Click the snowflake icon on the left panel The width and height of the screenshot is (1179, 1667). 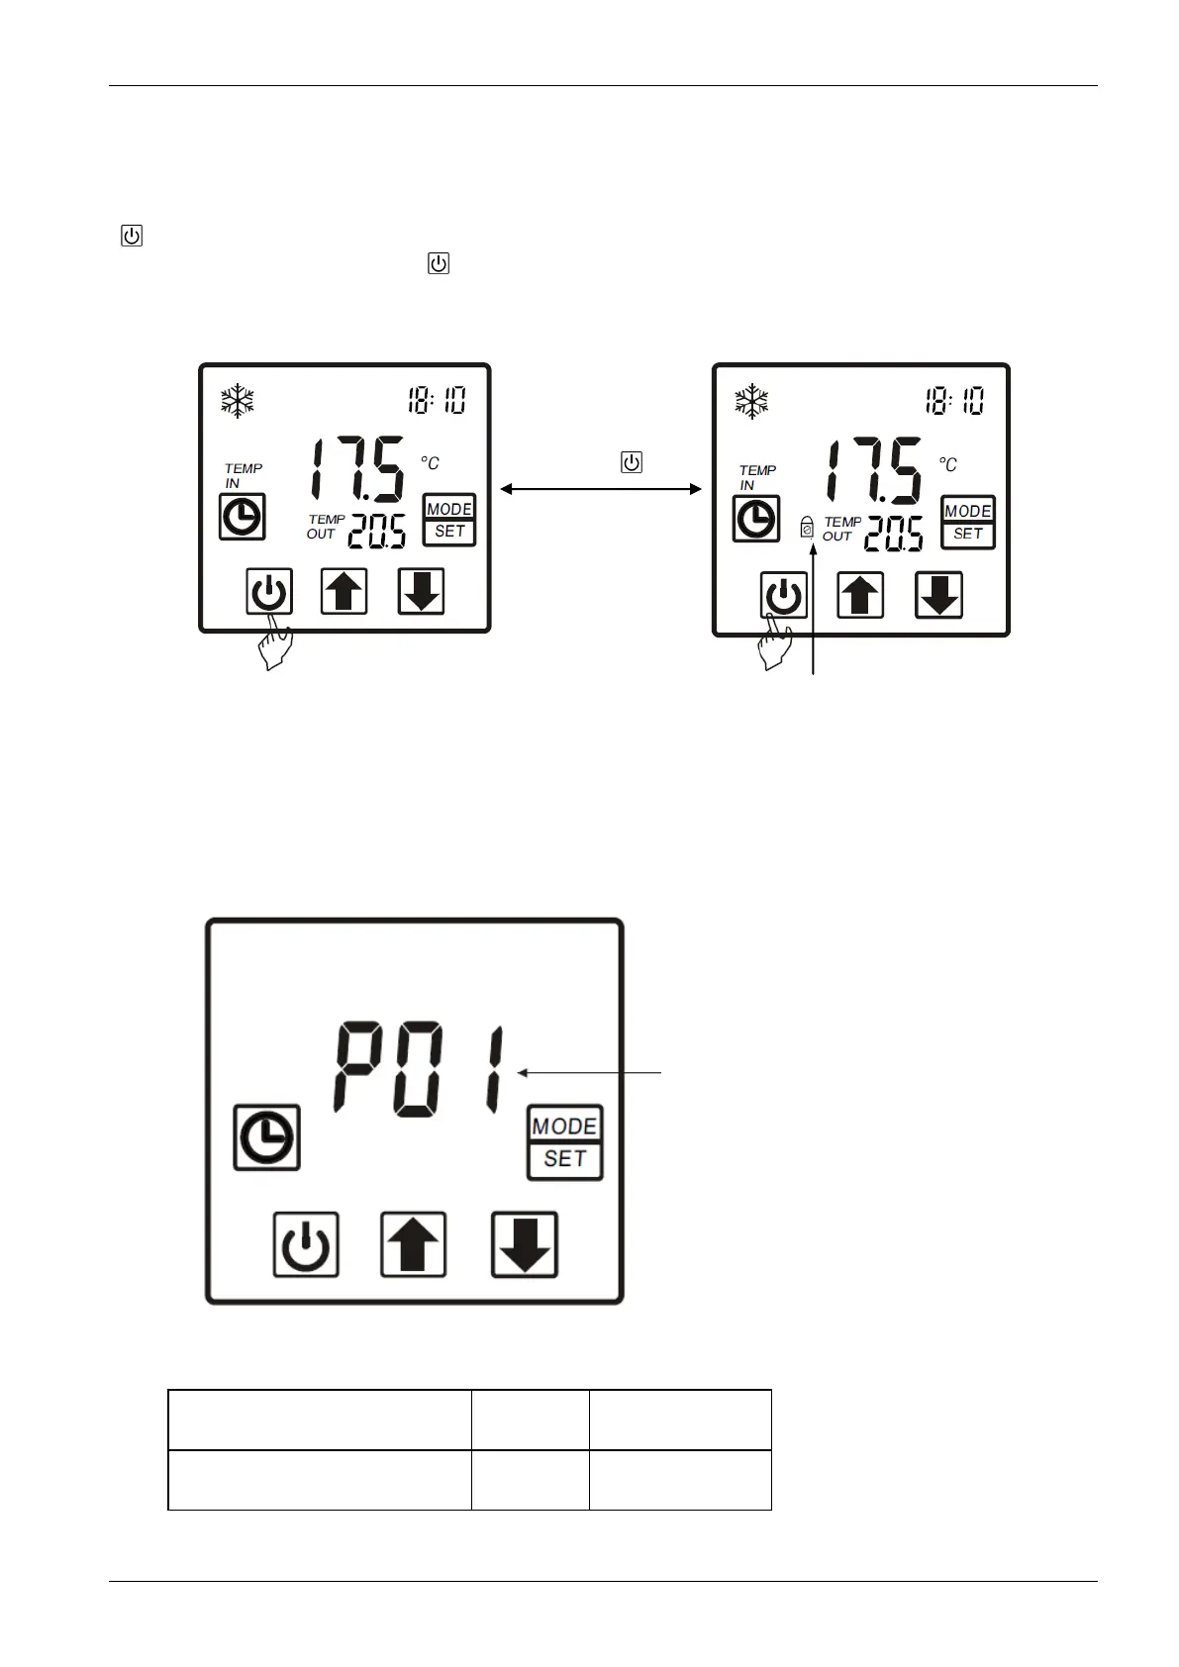pos(238,401)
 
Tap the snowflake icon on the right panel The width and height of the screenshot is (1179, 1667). pos(752,402)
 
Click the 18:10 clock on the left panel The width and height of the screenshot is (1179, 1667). pos(437,401)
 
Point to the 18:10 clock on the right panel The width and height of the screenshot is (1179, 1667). pos(954,401)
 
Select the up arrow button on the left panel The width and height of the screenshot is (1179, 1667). pos(344,591)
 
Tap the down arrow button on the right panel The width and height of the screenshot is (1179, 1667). pos(939,595)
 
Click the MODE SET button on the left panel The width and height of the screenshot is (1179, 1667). pos(449,520)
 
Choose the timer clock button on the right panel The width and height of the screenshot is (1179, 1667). pos(756,519)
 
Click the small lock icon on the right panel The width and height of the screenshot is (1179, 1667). pos(807,527)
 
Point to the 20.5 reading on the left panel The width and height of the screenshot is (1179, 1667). pos(376,533)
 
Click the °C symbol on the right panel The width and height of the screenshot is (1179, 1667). pos(947,464)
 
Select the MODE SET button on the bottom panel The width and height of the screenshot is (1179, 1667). pos(564,1142)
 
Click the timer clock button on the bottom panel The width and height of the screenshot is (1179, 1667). pos(267,1137)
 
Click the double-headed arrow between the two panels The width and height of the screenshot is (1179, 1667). pos(601,488)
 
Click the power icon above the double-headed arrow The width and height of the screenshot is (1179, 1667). pos(632,462)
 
